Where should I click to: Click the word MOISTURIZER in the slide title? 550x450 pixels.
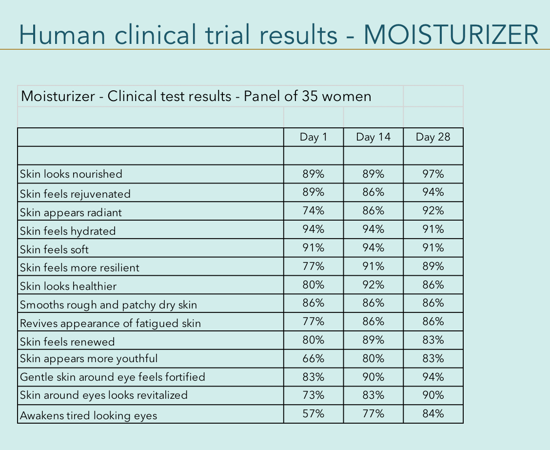click(451, 34)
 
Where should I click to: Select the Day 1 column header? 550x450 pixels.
click(314, 137)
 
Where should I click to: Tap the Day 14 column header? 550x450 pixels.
click(373, 137)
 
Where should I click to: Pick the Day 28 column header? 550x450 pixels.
click(433, 137)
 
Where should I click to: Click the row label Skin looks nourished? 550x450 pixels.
click(71, 174)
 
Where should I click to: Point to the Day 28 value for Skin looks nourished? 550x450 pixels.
click(433, 174)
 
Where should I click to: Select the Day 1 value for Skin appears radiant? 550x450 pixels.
click(314, 211)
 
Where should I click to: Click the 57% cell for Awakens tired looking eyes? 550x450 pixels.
click(314, 414)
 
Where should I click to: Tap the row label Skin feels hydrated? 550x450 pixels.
click(68, 231)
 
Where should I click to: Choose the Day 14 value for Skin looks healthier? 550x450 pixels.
click(373, 285)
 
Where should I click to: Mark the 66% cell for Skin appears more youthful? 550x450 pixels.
click(314, 359)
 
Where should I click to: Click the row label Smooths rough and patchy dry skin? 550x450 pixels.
click(109, 305)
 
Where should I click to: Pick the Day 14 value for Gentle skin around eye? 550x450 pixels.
click(373, 377)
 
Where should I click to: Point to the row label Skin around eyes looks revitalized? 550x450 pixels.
click(104, 395)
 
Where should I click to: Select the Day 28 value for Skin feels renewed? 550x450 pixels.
click(433, 340)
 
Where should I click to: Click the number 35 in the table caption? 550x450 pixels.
click(307, 96)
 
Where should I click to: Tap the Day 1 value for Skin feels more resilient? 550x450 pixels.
click(314, 266)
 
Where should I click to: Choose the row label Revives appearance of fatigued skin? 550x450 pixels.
click(110, 323)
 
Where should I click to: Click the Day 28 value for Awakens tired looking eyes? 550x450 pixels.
click(433, 414)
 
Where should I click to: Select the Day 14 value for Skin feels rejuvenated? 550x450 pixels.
click(373, 192)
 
